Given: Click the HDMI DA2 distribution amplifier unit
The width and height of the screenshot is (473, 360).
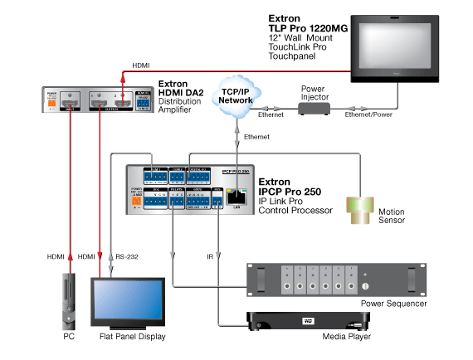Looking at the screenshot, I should point(99,102).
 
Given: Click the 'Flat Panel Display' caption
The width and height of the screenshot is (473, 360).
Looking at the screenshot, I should point(128,337).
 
